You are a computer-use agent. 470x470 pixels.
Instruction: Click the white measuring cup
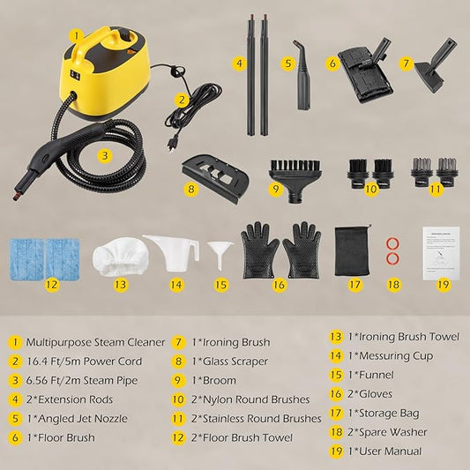click(172, 254)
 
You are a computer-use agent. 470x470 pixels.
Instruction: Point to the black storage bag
click(353, 250)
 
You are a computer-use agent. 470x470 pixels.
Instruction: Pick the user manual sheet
click(441, 253)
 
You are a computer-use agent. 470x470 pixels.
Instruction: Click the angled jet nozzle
click(302, 75)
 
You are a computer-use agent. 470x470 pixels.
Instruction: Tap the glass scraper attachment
click(215, 178)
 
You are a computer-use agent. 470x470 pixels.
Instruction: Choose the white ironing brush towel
click(121, 257)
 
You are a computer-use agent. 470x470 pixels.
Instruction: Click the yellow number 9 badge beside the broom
click(276, 189)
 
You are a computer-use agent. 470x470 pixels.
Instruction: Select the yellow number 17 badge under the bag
click(354, 285)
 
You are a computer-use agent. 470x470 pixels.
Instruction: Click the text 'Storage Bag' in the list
click(389, 414)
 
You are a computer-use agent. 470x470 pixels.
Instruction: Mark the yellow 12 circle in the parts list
click(178, 437)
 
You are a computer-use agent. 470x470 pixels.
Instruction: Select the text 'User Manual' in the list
click(390, 451)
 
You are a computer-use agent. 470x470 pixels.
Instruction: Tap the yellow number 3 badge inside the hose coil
click(105, 155)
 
